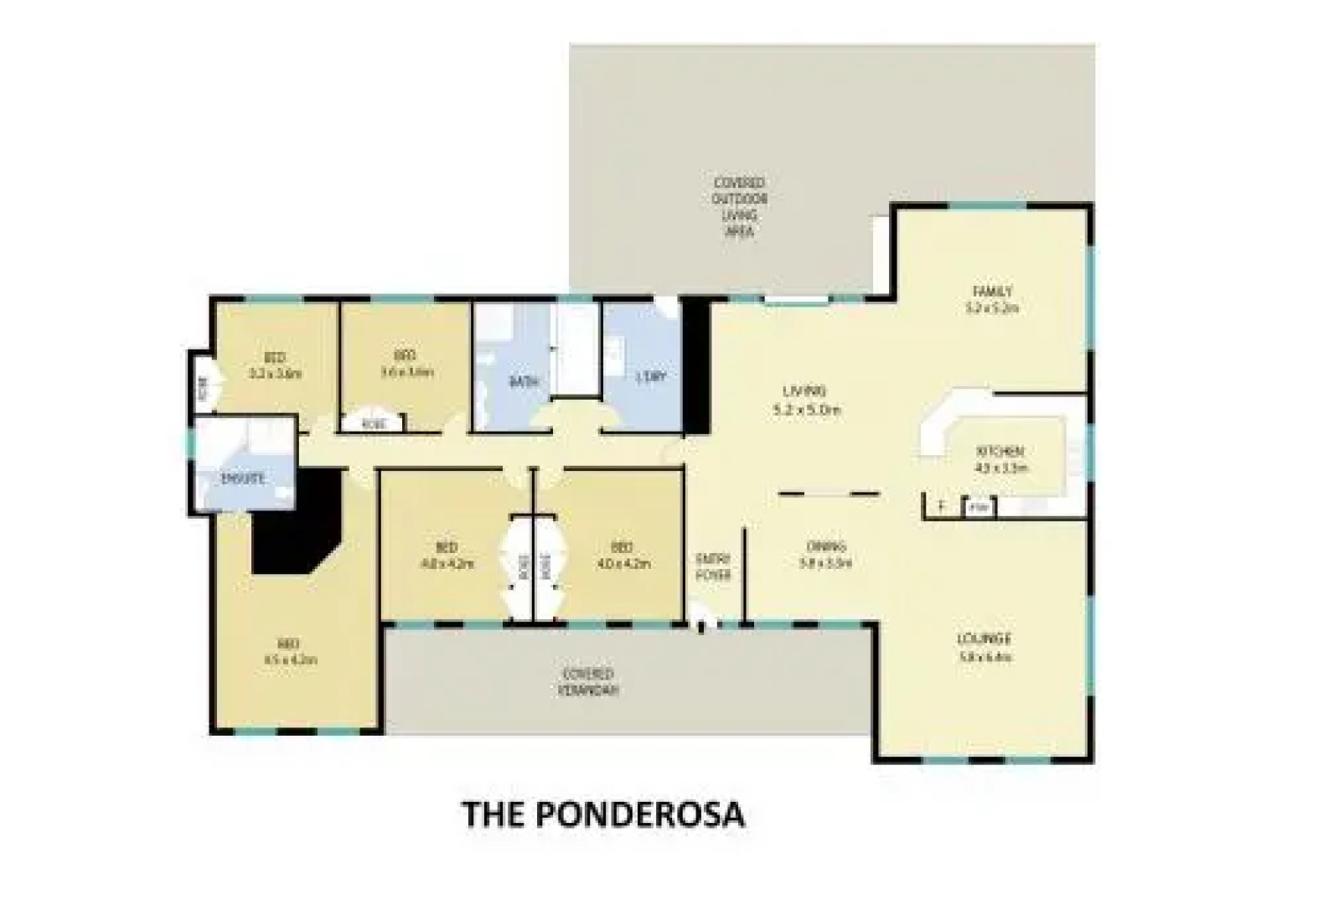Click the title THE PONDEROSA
603,814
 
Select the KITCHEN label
999,451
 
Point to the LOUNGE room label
984,639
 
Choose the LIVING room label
804,391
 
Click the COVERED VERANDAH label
589,682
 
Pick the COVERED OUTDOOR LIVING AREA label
739,206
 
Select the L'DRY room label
650,377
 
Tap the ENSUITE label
243,479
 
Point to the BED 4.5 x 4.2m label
289,652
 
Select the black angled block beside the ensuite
297,524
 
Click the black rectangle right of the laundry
695,366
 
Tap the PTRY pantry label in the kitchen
978,508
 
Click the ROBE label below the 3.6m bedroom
373,424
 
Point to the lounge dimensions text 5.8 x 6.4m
984,657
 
